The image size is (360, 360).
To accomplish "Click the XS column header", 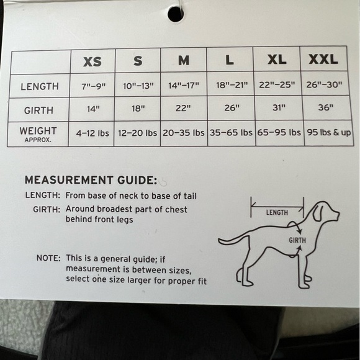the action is [x=92, y=62].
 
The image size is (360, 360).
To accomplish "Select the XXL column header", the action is [x=323, y=59].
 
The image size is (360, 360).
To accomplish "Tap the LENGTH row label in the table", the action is [x=40, y=86].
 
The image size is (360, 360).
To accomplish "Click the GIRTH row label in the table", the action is [x=38, y=110].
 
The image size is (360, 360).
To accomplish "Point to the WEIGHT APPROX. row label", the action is [x=38, y=134].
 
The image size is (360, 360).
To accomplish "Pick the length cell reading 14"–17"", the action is [x=184, y=86].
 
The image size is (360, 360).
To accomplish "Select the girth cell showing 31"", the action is [x=279, y=107].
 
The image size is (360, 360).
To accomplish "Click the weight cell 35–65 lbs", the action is [x=231, y=132].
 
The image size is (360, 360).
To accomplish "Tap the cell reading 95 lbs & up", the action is [x=329, y=132].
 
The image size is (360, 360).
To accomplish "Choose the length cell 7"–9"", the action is [x=94, y=86].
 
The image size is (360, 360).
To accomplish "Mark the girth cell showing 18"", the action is [x=138, y=109].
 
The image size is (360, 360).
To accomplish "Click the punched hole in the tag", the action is [x=176, y=14].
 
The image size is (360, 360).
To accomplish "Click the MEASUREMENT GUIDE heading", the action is [x=91, y=180].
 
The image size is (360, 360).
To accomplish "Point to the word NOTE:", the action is [x=48, y=258].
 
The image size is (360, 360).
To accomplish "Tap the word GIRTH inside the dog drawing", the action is [x=297, y=240].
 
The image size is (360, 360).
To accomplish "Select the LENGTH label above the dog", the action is [x=277, y=213].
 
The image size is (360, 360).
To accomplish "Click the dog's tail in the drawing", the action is [x=233, y=240].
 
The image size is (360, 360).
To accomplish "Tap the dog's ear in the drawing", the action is [x=318, y=213].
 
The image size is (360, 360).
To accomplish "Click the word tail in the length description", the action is [x=190, y=196].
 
